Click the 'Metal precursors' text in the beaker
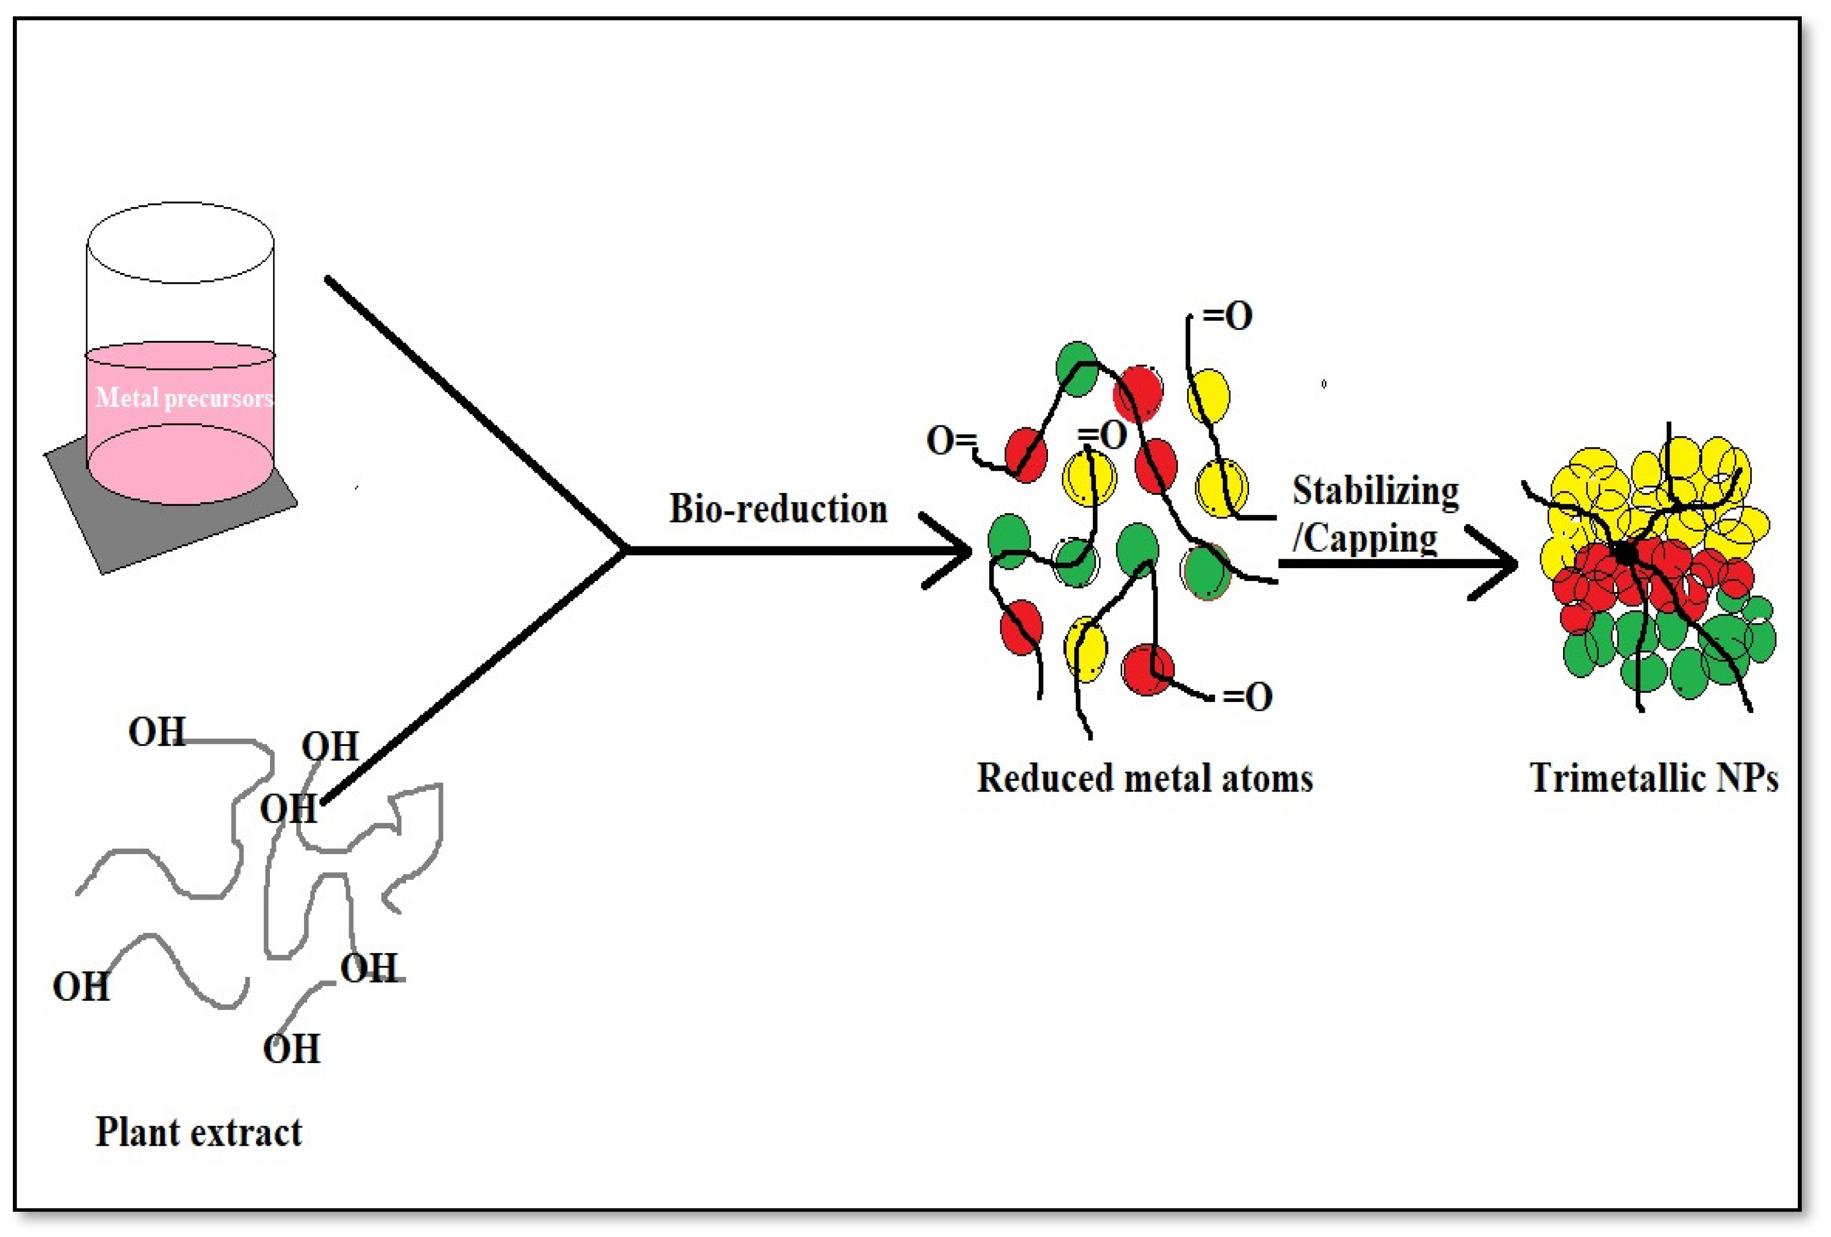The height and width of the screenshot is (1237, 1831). [184, 397]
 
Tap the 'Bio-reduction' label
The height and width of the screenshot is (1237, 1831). [778, 509]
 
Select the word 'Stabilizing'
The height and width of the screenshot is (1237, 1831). [1375, 491]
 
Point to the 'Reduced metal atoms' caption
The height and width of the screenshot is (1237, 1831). [1145, 778]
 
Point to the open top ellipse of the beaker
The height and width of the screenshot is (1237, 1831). [180, 243]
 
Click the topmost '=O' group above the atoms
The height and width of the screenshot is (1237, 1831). [1227, 317]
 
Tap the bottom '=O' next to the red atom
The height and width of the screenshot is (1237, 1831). [1247, 697]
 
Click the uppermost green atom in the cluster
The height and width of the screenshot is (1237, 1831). [1076, 368]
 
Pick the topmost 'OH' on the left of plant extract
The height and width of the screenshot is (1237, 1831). [157, 732]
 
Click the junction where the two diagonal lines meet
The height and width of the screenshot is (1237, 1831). [625, 550]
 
